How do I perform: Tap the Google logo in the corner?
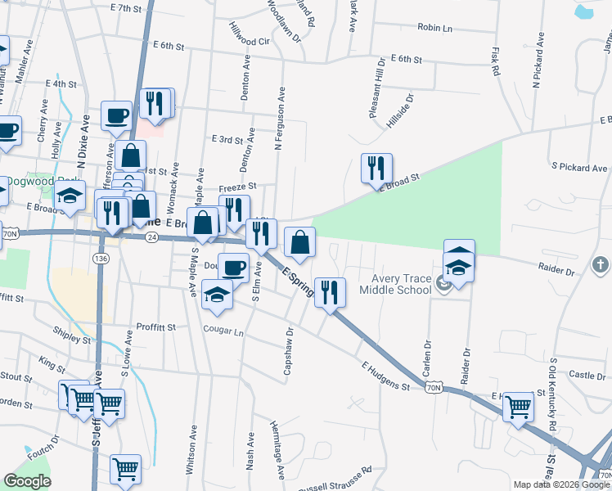(27, 481)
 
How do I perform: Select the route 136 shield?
(101, 259)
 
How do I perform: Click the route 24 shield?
(151, 237)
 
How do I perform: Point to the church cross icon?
(600, 265)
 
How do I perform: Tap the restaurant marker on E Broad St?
(376, 169)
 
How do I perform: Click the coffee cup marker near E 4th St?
(117, 115)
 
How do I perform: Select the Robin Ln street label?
(434, 28)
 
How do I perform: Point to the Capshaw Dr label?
(288, 353)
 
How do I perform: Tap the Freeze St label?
(237, 187)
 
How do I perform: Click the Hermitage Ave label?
(278, 451)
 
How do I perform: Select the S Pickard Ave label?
(579, 168)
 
